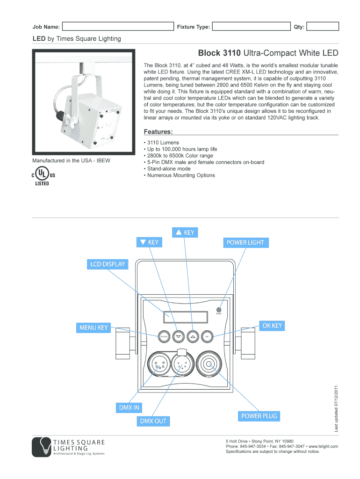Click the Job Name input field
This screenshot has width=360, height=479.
pos(117,27)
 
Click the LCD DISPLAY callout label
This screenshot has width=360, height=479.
pos(108,264)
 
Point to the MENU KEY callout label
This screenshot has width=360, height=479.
pos(94,327)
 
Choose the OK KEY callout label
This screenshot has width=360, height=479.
pos(272,326)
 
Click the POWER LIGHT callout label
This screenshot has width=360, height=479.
pos(245,242)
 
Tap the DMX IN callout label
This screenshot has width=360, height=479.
pos(129,407)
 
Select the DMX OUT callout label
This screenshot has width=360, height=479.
pos(153,421)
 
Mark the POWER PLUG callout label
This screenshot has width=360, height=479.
pos(259,415)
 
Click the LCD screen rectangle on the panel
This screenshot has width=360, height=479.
pos(185,317)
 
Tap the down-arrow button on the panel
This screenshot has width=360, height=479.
pos(178,336)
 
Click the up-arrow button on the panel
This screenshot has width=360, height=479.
pos(193,336)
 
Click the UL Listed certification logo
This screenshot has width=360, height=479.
pos(43,176)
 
